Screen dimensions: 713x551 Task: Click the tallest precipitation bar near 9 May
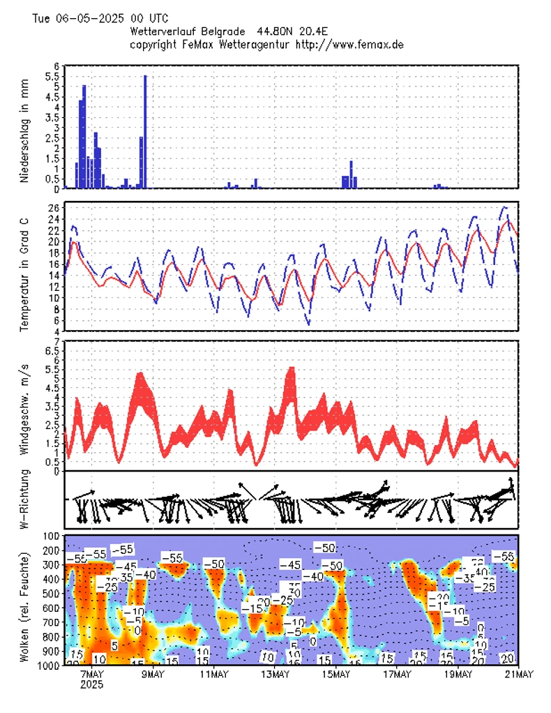(145, 133)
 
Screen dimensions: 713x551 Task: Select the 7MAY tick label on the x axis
(92, 674)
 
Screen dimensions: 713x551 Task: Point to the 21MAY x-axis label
(518, 674)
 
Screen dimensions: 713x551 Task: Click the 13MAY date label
(275, 674)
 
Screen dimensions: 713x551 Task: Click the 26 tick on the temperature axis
(53, 208)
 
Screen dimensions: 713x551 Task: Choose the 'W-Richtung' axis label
(24, 499)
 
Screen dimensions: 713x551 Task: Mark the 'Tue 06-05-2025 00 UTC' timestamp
(100, 18)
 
